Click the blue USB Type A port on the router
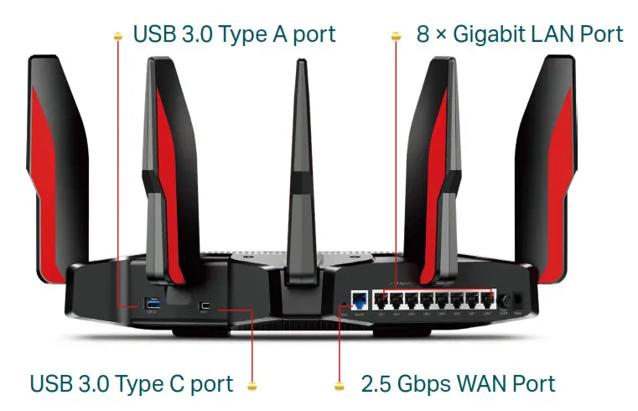[153, 302]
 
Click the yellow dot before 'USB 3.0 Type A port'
[118, 35]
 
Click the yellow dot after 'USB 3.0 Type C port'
[252, 387]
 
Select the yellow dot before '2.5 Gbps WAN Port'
[340, 387]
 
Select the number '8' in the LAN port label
[422, 34]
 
